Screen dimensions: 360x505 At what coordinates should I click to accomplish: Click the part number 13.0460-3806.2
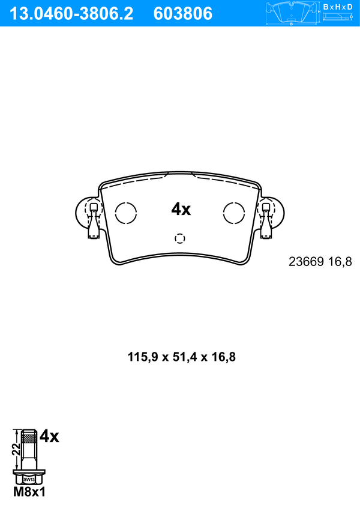point(71,14)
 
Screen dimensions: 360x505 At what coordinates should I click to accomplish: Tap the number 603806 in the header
point(183,14)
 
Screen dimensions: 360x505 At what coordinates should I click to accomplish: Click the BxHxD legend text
point(338,7)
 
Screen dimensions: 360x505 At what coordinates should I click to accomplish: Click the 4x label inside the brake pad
point(181,210)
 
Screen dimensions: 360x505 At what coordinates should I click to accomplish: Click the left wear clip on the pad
point(94,221)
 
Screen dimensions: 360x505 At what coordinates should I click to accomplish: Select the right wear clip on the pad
point(266,221)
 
